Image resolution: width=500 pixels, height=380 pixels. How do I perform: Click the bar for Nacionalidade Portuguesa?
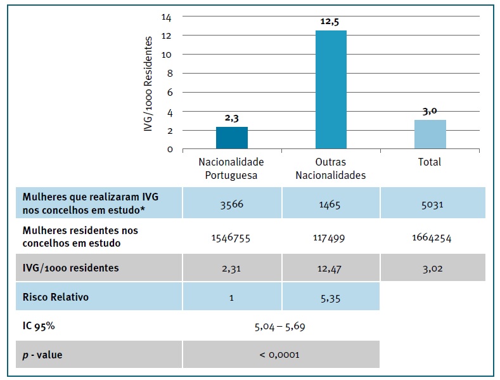(x=231, y=138)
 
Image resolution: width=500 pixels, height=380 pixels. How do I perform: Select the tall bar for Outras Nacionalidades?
(x=331, y=89)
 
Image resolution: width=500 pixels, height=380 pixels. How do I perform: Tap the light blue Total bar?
(x=430, y=134)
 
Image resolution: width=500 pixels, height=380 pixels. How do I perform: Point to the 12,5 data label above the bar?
(x=330, y=21)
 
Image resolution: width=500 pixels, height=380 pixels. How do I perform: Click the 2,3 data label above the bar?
(x=231, y=118)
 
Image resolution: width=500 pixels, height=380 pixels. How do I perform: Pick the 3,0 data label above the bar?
(x=430, y=111)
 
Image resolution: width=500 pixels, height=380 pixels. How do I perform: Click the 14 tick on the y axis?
(x=167, y=16)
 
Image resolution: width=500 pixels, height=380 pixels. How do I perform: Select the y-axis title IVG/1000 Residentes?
(x=149, y=84)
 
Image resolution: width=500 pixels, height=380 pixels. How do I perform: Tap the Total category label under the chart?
(x=430, y=162)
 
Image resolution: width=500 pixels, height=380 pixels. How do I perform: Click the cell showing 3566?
(x=231, y=204)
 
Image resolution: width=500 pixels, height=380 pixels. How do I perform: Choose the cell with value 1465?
(x=330, y=204)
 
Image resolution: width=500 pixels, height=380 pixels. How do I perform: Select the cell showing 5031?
(x=433, y=204)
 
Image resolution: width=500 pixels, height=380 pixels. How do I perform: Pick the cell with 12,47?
(x=330, y=268)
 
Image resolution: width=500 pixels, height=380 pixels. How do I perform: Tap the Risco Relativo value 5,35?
(x=330, y=296)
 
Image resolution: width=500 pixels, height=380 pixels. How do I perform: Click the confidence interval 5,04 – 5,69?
(x=281, y=326)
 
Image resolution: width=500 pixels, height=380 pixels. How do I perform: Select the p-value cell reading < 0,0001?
(x=281, y=355)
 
